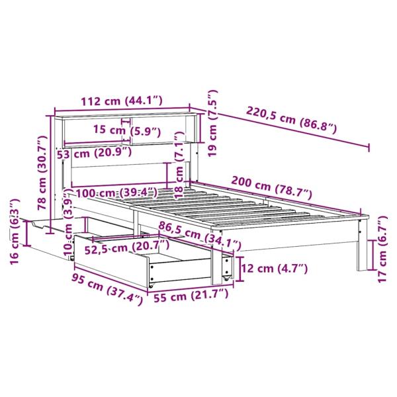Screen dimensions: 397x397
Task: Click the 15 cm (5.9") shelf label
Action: tap(126, 130)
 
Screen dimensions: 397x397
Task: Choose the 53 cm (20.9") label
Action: tap(94, 153)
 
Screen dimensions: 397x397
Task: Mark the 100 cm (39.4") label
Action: tap(115, 193)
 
